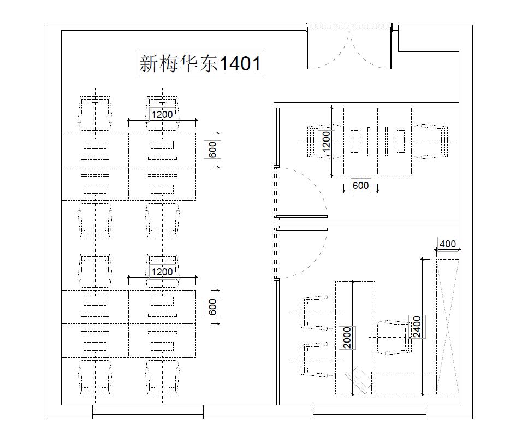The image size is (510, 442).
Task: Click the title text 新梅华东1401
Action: pyautogui.click(x=200, y=63)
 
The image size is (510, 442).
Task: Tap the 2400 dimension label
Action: pyautogui.click(x=417, y=327)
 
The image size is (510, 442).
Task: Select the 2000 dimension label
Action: pyautogui.click(x=347, y=338)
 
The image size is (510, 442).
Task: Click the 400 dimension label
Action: pyautogui.click(x=448, y=244)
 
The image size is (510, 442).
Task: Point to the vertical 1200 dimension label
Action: pyautogui.click(x=326, y=142)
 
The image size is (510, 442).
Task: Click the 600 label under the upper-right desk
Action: pyautogui.click(x=361, y=186)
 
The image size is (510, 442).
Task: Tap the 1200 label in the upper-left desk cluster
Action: pyautogui.click(x=162, y=115)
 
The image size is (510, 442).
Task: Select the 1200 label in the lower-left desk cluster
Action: pyautogui.click(x=162, y=272)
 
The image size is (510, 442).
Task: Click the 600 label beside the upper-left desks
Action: pyautogui.click(x=212, y=150)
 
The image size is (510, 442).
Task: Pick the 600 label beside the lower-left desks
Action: pyautogui.click(x=212, y=307)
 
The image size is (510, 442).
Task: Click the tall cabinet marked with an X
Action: pyautogui.click(x=448, y=327)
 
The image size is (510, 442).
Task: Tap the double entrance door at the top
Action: pyautogui.click(x=349, y=46)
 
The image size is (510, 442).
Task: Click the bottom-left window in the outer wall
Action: pyautogui.click(x=148, y=412)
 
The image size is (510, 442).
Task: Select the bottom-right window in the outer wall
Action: pyautogui.click(x=370, y=412)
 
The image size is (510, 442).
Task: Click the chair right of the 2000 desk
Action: pyautogui.click(x=395, y=338)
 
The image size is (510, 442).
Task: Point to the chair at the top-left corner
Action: pyautogui.click(x=95, y=114)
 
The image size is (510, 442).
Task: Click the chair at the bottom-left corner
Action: pyautogui.click(x=95, y=377)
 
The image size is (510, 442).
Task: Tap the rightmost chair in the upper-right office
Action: pyautogui.click(x=431, y=142)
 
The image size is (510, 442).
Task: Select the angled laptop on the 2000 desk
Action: pyautogui.click(x=358, y=380)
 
